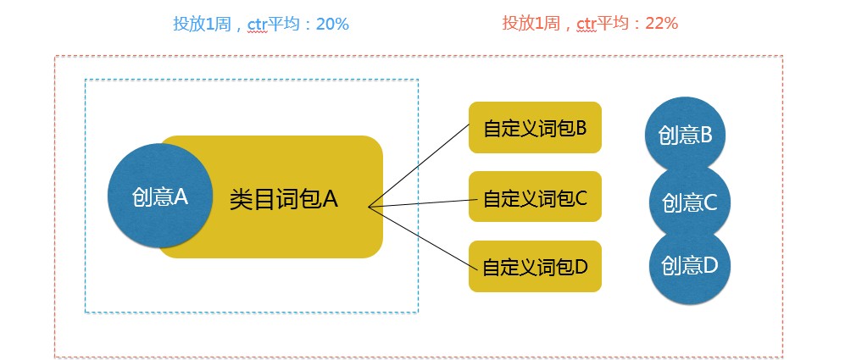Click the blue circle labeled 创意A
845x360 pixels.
(158, 197)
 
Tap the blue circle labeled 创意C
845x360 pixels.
(689, 203)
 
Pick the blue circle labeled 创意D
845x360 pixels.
(689, 266)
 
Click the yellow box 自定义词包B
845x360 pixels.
(535, 128)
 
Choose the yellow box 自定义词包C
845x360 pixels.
(535, 198)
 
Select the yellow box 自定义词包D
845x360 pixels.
(535, 267)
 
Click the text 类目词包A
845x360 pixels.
(283, 199)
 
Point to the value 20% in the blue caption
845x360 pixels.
(332, 24)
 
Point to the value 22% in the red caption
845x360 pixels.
(661, 24)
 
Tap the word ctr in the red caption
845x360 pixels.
(586, 24)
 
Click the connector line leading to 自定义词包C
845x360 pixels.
(420, 203)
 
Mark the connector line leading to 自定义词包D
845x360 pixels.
(420, 236)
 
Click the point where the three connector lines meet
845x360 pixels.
(369, 207)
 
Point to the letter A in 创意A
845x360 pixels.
(181, 197)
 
